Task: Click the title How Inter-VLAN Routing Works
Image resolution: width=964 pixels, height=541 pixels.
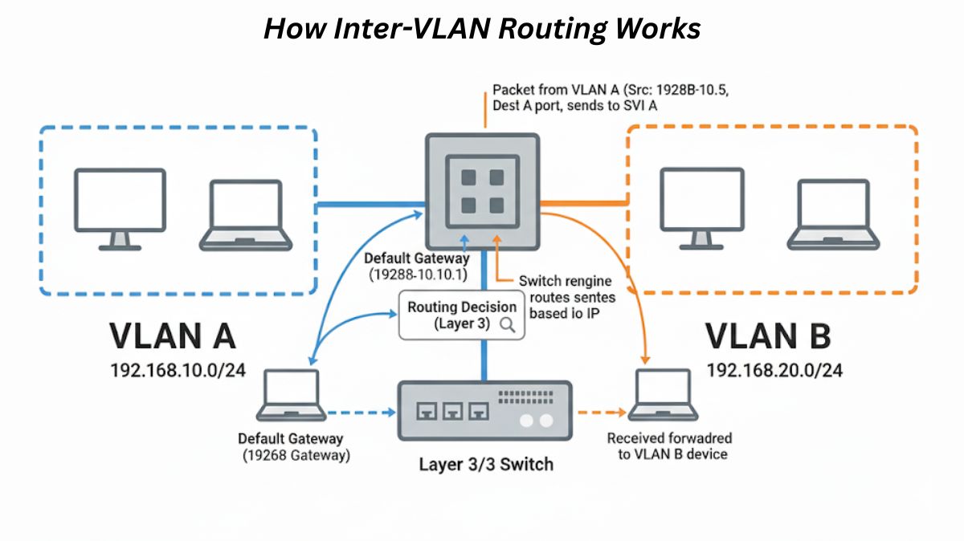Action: point(482,29)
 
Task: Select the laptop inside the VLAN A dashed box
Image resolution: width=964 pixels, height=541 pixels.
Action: point(246,214)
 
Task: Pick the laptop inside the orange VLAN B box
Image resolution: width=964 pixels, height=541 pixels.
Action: point(833,214)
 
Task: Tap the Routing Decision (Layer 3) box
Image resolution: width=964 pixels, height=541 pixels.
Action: point(462,315)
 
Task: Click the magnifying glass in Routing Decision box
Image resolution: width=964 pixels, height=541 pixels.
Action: point(508,324)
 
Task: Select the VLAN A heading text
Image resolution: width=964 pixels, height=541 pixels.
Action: point(172,336)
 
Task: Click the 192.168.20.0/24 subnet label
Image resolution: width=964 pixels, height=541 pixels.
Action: point(774,370)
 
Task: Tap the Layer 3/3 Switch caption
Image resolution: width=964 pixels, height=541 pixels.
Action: point(485,464)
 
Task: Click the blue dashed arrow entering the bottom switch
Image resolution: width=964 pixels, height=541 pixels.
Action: point(361,413)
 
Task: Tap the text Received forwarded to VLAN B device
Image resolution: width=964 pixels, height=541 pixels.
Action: point(668,446)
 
